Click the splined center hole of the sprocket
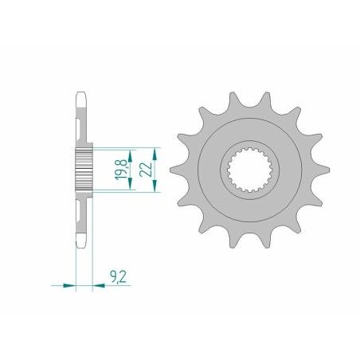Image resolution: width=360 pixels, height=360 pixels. [x=243, y=168]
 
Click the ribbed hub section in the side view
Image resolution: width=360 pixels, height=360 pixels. [x=84, y=168]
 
